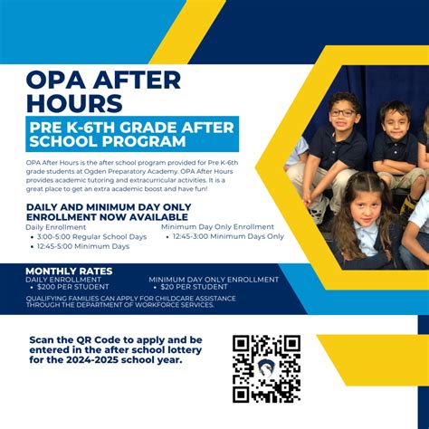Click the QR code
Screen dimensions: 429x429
266,368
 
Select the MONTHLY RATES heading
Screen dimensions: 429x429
69,271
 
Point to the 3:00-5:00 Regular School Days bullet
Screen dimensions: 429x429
91,236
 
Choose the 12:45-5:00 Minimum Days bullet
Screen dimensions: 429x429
83,245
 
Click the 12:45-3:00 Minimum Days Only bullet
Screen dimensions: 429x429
226,236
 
